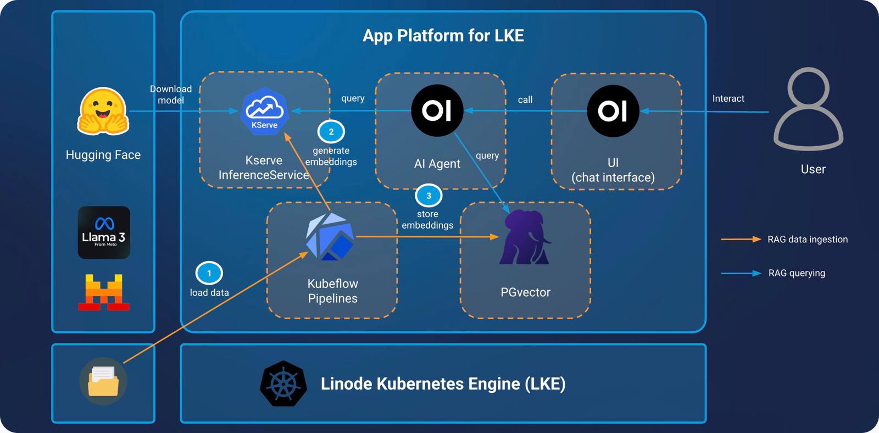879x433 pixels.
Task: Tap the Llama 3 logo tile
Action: (x=104, y=232)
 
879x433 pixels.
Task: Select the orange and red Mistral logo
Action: (x=104, y=292)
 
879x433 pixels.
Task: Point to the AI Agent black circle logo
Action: (x=437, y=110)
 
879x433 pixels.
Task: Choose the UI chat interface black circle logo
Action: (x=613, y=111)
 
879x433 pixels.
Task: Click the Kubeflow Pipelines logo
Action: (x=330, y=237)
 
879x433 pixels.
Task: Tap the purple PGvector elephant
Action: (x=525, y=237)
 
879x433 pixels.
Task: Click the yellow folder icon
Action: (x=103, y=381)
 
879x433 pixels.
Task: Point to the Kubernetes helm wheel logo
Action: (x=283, y=384)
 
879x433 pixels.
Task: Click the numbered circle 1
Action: (x=209, y=273)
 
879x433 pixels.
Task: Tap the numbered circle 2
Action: (x=331, y=132)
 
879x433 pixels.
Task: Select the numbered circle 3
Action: (x=429, y=196)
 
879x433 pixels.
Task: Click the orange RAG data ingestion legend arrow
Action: (x=741, y=239)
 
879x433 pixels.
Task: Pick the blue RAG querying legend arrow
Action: (x=741, y=273)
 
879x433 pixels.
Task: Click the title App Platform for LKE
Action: (x=443, y=36)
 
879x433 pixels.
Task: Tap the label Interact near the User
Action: (x=728, y=98)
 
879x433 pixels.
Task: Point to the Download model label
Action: (x=171, y=95)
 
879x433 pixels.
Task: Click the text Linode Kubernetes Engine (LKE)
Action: (x=443, y=384)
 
